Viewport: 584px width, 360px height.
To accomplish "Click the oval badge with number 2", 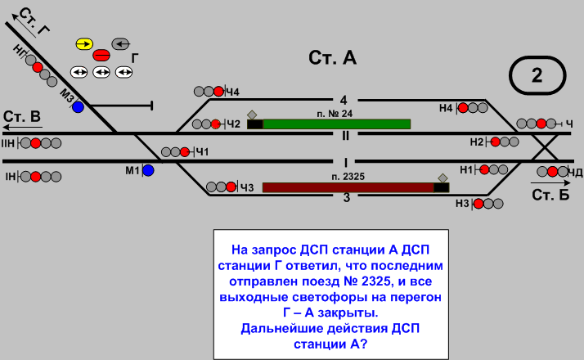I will coord(537,76).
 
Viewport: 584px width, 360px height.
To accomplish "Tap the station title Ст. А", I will coord(333,58).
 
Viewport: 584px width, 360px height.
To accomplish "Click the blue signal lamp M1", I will coord(148,170).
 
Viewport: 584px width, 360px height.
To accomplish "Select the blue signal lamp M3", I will coord(78,107).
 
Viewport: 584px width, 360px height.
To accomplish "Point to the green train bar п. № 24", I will coord(336,124).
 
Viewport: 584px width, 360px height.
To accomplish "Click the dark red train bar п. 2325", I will coord(348,187).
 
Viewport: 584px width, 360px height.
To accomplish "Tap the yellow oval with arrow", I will coord(84,43).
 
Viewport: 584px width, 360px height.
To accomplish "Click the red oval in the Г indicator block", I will coord(101,56).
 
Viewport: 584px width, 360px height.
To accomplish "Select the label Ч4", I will coord(233,91).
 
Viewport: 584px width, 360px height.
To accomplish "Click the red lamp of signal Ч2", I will coord(216,124).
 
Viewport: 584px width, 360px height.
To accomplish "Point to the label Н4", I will coord(446,107).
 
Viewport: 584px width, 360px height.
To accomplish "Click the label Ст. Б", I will coord(550,196).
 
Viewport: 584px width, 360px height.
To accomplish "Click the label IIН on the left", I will coord(9,144).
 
